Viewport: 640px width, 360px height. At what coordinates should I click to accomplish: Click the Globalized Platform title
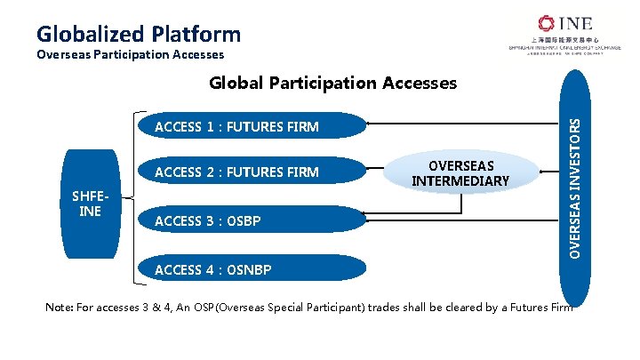(139, 34)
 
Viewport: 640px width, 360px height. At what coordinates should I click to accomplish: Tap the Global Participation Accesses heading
(332, 83)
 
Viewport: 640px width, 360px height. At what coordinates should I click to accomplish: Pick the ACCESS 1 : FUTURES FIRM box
(249, 126)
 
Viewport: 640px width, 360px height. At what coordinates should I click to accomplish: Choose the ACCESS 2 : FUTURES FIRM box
(249, 172)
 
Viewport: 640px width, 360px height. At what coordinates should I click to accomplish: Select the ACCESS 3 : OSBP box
(249, 220)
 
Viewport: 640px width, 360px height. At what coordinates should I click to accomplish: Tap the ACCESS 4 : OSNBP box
(249, 268)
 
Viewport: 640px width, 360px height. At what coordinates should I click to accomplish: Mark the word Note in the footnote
(61, 307)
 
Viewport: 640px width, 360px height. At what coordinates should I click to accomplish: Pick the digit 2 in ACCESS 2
(209, 172)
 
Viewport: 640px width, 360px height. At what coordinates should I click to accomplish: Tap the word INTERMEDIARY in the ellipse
(460, 181)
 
